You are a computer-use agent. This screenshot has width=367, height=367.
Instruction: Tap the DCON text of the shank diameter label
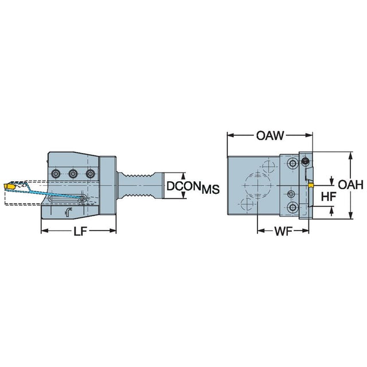pos(182,187)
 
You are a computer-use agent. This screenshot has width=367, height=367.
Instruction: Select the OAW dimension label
pos(270,136)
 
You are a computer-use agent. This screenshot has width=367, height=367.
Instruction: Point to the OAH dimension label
pos(350,185)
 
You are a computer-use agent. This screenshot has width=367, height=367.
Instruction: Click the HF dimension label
pos(328,196)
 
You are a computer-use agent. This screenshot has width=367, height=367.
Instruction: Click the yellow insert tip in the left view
pos(10,186)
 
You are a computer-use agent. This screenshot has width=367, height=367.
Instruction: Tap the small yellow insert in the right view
pos(310,185)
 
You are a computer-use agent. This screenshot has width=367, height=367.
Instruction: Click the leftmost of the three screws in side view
pos(56,173)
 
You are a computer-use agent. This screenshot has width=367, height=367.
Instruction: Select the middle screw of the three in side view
pos(73,173)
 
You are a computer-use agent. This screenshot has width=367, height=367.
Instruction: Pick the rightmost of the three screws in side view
pos(89,173)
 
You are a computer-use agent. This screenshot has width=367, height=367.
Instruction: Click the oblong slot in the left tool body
pos(69,198)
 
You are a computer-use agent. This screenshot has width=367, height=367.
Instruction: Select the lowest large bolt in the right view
pos(294,206)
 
